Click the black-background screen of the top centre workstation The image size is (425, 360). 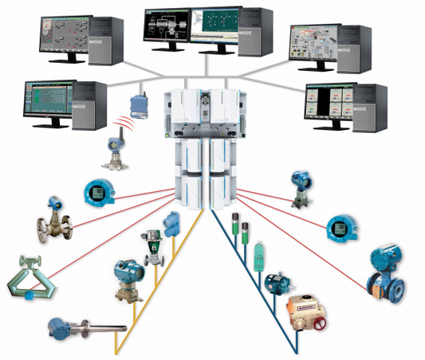(x=170, y=28)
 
